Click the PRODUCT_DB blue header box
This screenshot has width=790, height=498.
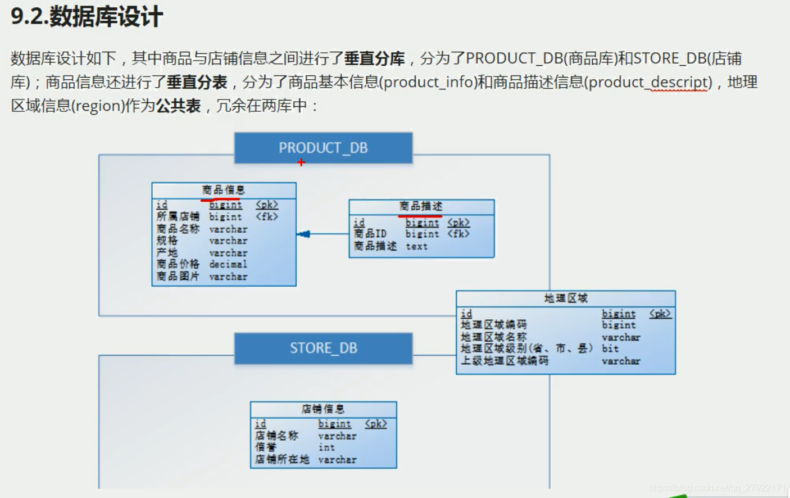point(323,148)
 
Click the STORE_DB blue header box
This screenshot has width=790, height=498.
point(323,348)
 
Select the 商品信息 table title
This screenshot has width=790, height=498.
point(223,190)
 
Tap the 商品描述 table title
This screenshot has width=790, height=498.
point(421,206)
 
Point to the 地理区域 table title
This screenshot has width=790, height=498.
point(565,298)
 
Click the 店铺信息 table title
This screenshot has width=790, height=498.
point(323,409)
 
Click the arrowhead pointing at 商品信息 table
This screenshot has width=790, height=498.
point(303,234)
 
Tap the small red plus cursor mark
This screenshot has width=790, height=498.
point(301,162)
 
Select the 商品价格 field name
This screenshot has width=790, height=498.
point(178,264)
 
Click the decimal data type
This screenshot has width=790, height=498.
point(228,264)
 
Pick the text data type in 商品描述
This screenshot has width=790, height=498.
point(416,246)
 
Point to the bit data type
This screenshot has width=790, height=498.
point(610,348)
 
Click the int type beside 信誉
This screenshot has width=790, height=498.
point(326,447)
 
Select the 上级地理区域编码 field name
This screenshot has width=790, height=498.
point(504,361)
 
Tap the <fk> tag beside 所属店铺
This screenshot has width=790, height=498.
point(267,216)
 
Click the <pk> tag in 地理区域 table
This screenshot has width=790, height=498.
point(660,314)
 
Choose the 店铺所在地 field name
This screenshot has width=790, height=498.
point(282,459)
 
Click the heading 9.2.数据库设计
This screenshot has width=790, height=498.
point(87,16)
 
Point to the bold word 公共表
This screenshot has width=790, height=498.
point(179,106)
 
